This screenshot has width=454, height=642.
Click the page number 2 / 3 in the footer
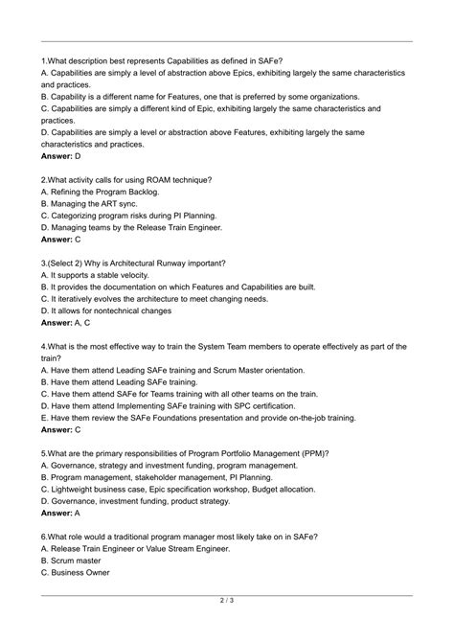(x=227, y=600)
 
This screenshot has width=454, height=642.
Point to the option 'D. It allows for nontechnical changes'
(x=129, y=310)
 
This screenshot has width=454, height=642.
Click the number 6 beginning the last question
(x=44, y=537)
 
